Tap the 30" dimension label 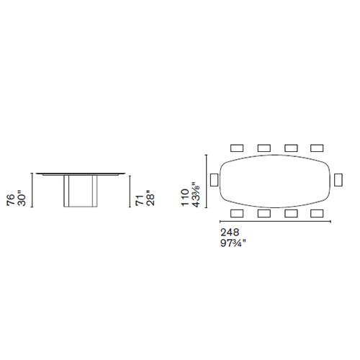coord(22,198)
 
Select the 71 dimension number coord(140,200)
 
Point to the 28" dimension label coord(150,198)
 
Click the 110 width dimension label coord(185,197)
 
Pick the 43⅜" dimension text coord(196,195)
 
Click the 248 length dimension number coord(230,233)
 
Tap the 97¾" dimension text coord(233,243)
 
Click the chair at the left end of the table coord(214,180)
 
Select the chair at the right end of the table coord(338,180)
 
